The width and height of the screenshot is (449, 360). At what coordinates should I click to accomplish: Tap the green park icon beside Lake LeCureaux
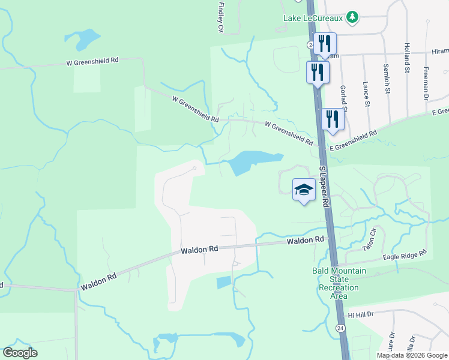point(354,17)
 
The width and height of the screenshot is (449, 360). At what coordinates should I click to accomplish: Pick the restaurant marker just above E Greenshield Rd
point(333,119)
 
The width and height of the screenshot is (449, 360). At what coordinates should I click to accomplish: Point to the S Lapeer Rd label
point(325,188)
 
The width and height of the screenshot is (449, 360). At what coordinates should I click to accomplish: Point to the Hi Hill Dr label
point(361,314)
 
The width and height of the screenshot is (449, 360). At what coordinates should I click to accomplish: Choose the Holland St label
point(407,54)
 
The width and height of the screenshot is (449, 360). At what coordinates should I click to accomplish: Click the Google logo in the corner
point(20,353)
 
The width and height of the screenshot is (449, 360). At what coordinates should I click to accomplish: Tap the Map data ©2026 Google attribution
point(411,355)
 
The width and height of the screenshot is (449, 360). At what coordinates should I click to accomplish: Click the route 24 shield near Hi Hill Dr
point(340,328)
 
